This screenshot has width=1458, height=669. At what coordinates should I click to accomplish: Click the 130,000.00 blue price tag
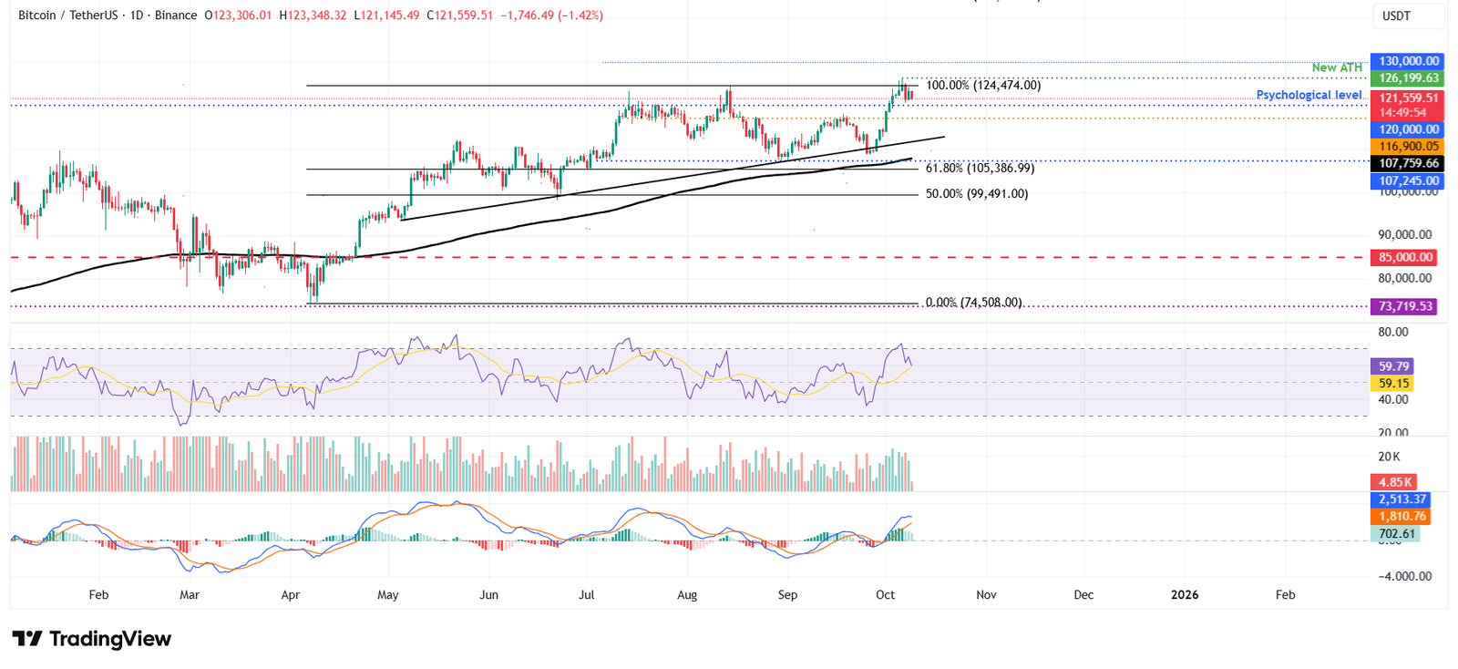1408,61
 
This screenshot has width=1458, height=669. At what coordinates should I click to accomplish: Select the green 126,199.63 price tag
1408,78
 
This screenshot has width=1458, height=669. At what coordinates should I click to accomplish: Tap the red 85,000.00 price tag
1405,258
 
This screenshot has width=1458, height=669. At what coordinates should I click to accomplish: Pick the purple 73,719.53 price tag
1405,307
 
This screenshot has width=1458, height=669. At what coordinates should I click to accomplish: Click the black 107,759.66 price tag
1408,163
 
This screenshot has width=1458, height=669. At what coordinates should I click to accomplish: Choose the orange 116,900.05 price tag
1408,146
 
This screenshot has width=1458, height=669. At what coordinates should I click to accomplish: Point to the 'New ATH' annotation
1336,67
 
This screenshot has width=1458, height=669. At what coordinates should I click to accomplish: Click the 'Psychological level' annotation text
1309,95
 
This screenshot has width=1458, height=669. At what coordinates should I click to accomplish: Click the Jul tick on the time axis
586,595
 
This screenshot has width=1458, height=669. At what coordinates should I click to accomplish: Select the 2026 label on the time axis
1184,595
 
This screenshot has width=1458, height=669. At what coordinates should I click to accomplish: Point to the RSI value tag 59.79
1393,366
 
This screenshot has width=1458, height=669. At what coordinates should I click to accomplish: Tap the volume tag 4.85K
1394,482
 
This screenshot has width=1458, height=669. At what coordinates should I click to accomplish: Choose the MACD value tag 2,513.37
1402,499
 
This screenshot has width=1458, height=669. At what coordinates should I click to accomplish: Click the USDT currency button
1408,16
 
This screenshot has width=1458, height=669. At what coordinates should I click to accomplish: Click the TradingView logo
91,639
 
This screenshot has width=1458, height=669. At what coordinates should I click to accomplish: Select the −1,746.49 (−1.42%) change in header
551,15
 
